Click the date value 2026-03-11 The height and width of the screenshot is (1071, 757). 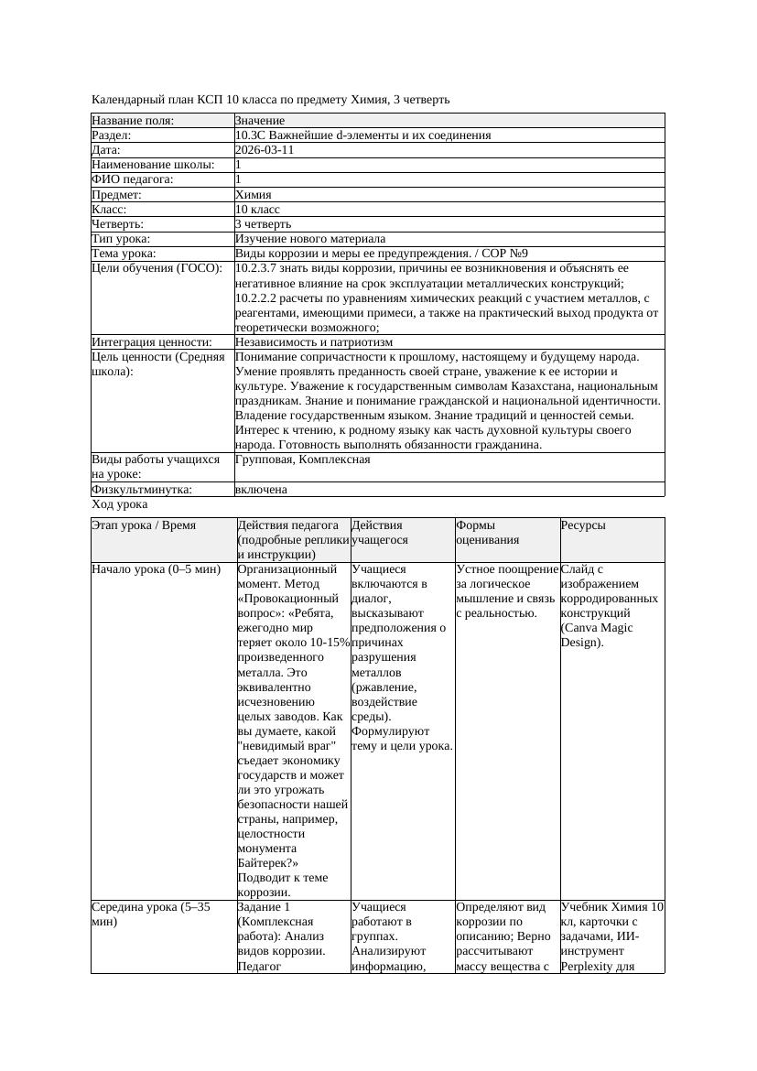point(265,150)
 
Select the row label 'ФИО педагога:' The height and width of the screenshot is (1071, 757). point(133,179)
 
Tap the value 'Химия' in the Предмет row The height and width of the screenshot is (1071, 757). point(253,194)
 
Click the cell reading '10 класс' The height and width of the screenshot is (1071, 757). point(257,209)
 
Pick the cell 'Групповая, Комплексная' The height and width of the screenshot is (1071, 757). point(302,460)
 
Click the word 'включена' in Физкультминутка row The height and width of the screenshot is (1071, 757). point(261,490)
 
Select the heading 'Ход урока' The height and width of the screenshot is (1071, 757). point(119,504)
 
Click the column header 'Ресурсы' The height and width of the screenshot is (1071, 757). point(583,525)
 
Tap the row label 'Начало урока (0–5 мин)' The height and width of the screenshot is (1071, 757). point(156,569)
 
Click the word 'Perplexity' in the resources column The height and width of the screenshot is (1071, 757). point(589,966)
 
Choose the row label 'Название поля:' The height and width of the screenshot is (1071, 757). point(133,121)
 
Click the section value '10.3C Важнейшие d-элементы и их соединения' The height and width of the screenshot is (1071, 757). point(362,135)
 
